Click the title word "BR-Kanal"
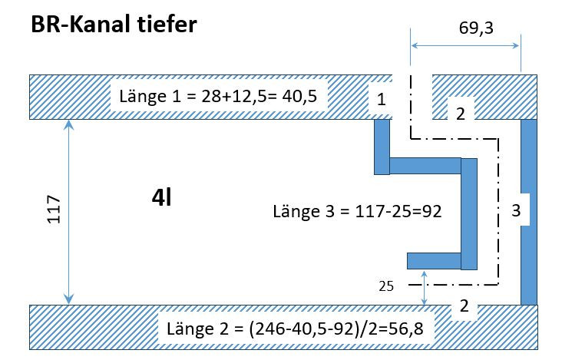point(81,25)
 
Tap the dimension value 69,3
point(476,28)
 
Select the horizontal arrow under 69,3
point(465,45)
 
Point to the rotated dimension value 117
point(54,210)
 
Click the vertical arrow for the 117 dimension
point(68,212)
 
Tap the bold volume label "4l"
point(162,197)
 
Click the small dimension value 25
point(386,286)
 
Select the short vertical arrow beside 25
point(425,288)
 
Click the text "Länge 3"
point(304,211)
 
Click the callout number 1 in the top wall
point(382,99)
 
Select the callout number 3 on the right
point(516,210)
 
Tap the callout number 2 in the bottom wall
point(464,306)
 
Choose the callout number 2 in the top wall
point(461,114)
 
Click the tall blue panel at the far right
point(529,212)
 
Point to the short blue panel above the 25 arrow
point(434,261)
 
